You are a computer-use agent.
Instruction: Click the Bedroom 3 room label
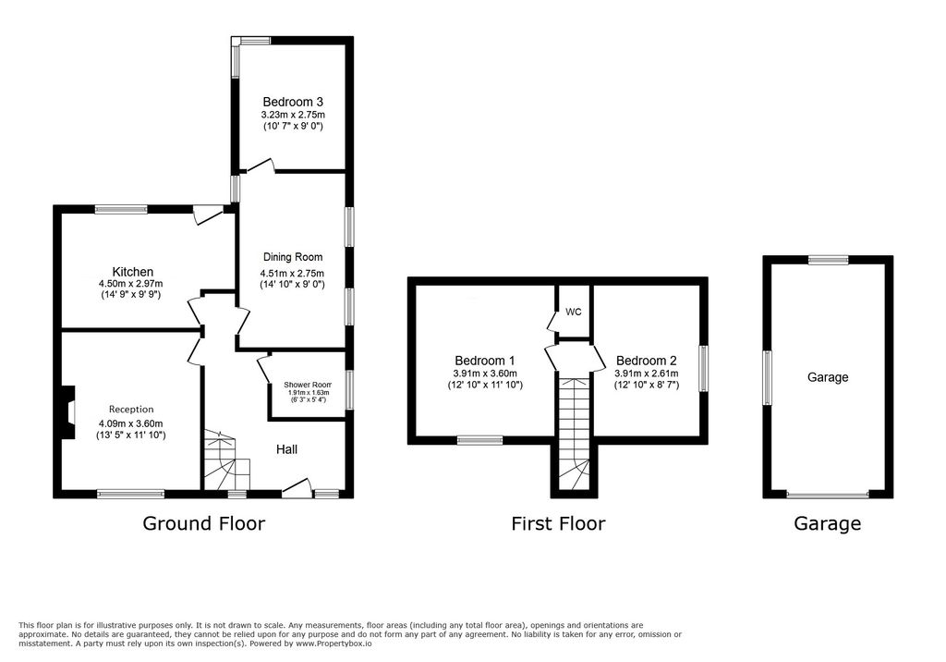point(292,102)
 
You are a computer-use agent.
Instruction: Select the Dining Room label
point(292,257)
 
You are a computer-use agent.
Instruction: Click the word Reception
point(131,409)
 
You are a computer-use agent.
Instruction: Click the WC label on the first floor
point(574,312)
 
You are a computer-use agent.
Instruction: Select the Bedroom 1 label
point(484,361)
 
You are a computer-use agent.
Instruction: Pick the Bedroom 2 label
point(647,361)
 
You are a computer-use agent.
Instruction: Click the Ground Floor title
point(203,523)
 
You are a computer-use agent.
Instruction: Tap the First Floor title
point(558,523)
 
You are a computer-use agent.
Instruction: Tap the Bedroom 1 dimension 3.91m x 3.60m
point(484,374)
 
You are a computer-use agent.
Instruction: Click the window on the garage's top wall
point(829,260)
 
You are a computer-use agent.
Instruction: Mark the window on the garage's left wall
point(767,376)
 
